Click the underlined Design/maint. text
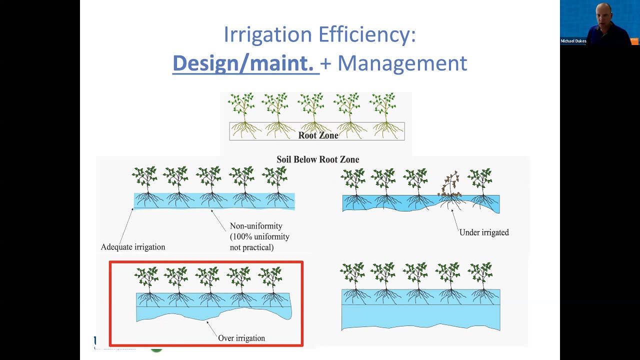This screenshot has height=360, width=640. (x=243, y=63)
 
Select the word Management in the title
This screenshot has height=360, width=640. (x=402, y=63)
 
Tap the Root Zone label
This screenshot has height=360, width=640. (x=318, y=135)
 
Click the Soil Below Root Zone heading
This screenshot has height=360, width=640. (x=317, y=159)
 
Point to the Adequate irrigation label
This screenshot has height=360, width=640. (x=132, y=247)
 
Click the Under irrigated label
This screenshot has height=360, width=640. (x=483, y=232)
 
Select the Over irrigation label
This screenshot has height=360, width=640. (x=241, y=338)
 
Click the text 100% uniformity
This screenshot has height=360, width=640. (x=259, y=236)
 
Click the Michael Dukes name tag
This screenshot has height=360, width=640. (x=573, y=41)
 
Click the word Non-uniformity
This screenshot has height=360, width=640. (x=256, y=226)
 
